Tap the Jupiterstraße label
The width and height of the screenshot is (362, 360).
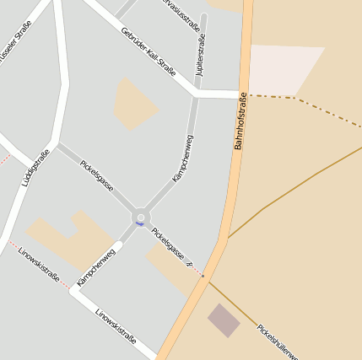tap(200, 56)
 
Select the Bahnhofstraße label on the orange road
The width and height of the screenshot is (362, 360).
tap(240, 121)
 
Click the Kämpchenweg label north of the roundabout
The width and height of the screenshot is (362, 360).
tap(183, 158)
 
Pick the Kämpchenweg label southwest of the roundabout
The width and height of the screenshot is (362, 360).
tap(95, 267)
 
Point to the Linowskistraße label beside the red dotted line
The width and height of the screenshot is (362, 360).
tap(38, 265)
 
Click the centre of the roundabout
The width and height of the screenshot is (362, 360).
tap(139, 218)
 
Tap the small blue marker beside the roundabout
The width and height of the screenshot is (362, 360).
tap(139, 224)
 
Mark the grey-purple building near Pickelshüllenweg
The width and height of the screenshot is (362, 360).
tap(224, 320)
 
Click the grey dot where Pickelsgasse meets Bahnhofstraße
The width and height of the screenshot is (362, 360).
tap(203, 276)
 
